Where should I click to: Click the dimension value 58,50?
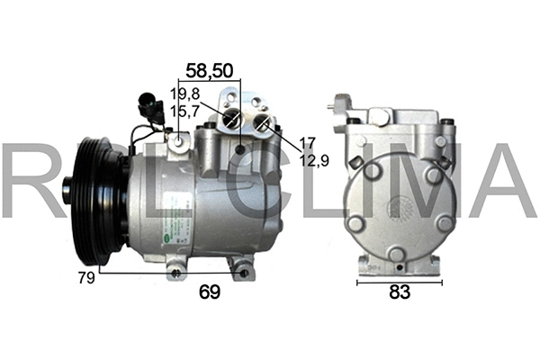(205, 70)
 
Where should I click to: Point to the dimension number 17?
(307, 141)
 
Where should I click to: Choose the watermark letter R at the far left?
(22, 180)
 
